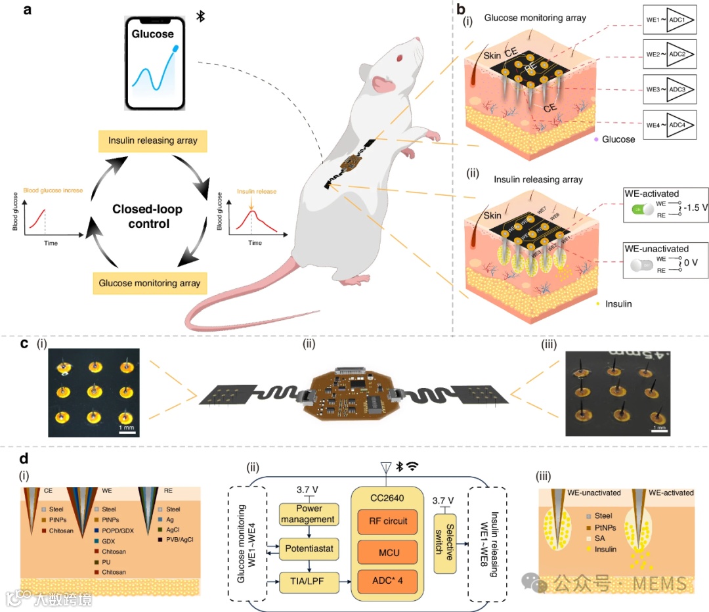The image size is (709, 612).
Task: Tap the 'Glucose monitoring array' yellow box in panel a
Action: (x=151, y=284)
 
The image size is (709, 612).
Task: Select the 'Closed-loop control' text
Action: (x=147, y=217)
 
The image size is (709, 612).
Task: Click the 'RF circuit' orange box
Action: (x=387, y=521)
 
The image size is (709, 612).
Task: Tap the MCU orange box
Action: (x=387, y=552)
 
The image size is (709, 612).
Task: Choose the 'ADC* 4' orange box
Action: (x=387, y=582)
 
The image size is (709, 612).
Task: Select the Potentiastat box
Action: (x=307, y=546)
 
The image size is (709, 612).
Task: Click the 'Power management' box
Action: (x=307, y=514)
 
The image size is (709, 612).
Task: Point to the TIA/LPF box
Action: (x=307, y=580)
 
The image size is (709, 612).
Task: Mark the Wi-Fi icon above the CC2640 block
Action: (x=412, y=467)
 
